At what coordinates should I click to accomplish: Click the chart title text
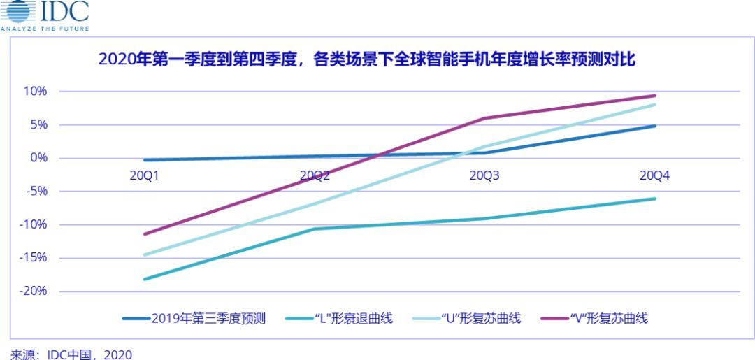(367, 60)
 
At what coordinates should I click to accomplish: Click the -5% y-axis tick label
(35, 192)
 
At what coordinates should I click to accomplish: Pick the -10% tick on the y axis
(32, 224)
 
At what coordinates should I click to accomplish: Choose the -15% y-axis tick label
(32, 258)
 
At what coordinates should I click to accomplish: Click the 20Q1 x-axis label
(145, 175)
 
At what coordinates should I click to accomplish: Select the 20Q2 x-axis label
(315, 175)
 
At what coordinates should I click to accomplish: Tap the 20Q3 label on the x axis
(484, 175)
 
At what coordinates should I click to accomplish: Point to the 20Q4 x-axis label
(654, 175)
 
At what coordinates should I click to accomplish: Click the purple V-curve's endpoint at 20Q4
(655, 96)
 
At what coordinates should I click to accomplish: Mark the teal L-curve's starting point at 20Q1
(145, 279)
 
